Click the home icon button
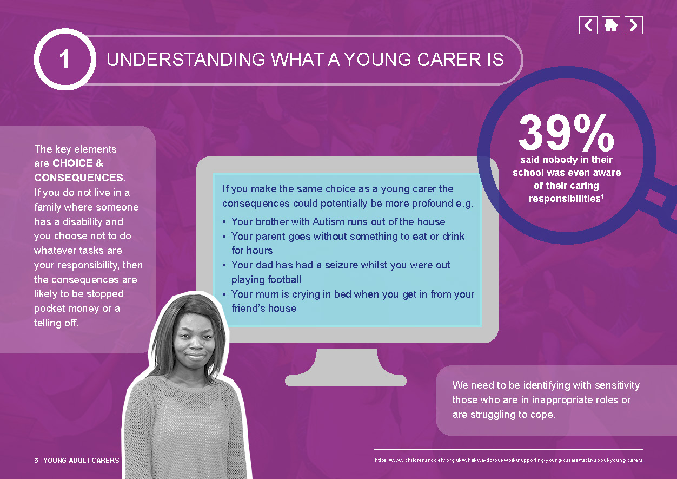pos(611,25)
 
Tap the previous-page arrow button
pos(588,25)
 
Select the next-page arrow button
pos(634,25)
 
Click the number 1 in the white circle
pos(65,59)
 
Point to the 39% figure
pos(566,133)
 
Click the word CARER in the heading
pos(449,60)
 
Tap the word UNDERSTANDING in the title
pos(186,60)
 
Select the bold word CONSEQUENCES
pos(78,178)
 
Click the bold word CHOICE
pos(72,163)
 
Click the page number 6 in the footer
pos(36,460)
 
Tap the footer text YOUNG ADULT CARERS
pos(81,460)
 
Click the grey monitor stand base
pos(346,380)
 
